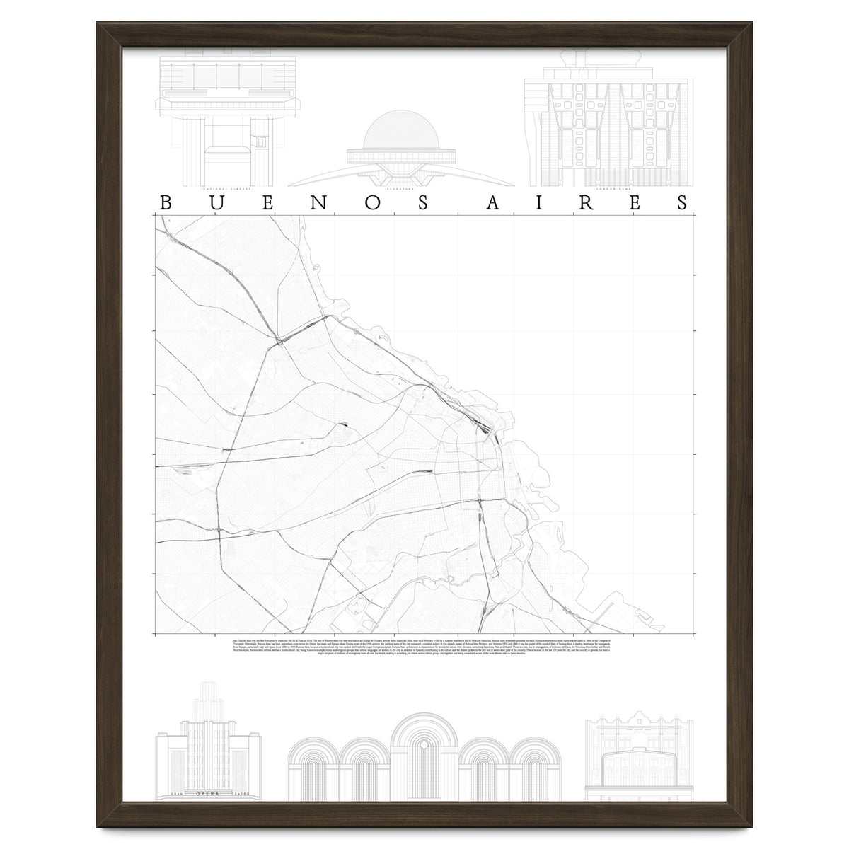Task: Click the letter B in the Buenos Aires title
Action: pyautogui.click(x=166, y=202)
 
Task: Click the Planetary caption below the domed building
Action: pyautogui.click(x=391, y=190)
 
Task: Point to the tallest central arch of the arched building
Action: pyautogui.click(x=424, y=750)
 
